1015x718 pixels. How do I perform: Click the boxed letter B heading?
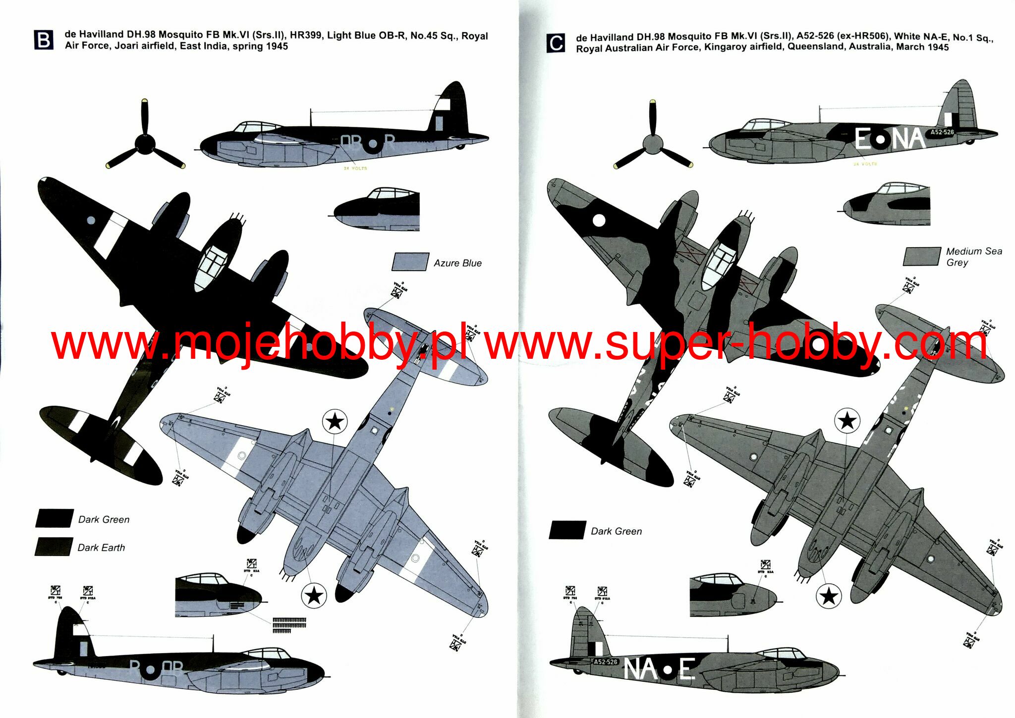[x=44, y=40]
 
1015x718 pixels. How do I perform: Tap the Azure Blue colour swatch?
[x=410, y=262]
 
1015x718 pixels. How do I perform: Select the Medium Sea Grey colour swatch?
[x=922, y=257]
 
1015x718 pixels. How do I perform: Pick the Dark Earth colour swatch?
[x=54, y=547]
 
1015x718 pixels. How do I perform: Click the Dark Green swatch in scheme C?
[x=567, y=530]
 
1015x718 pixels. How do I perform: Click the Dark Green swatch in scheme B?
[x=54, y=518]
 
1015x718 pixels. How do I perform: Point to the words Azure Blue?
[x=457, y=263]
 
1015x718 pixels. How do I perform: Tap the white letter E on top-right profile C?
[x=863, y=140]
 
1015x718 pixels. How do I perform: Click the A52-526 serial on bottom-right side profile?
[x=606, y=662]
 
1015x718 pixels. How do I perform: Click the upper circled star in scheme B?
[x=335, y=422]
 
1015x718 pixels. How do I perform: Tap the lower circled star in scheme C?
[x=829, y=596]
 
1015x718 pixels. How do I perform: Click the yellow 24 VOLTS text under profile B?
[x=355, y=168]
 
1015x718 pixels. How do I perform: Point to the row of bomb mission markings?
[x=289, y=625]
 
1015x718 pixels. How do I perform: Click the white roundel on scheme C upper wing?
[x=599, y=221]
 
